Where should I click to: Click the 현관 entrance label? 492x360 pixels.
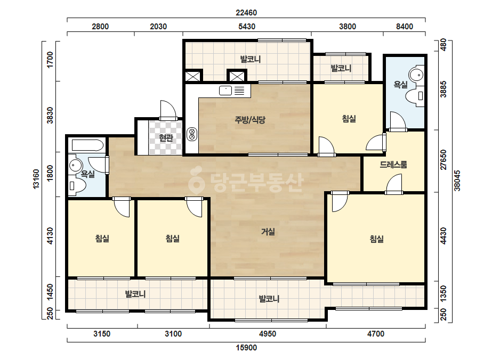tap(166, 138)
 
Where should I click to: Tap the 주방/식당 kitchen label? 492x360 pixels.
tap(250, 119)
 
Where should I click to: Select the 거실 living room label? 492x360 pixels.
tap(268, 232)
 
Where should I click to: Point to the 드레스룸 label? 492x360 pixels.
tap(393, 165)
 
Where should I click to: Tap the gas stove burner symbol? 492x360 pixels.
tap(192, 134)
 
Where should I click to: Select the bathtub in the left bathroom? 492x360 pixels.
tap(87, 145)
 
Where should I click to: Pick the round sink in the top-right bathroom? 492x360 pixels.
tap(417, 75)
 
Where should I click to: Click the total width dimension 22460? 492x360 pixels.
tap(246, 13)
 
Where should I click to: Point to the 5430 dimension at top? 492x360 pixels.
tap(247, 27)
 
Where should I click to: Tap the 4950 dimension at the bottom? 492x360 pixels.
tap(268, 334)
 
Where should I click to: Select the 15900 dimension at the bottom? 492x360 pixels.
tap(246, 348)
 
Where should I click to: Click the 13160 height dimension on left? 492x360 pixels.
tap(36, 179)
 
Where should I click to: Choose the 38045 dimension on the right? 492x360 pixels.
tap(457, 181)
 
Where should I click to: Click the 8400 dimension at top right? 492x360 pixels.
tap(405, 27)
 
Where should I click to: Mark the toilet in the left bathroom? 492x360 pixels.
tap(77, 186)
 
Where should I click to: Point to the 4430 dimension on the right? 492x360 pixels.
tap(443, 236)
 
